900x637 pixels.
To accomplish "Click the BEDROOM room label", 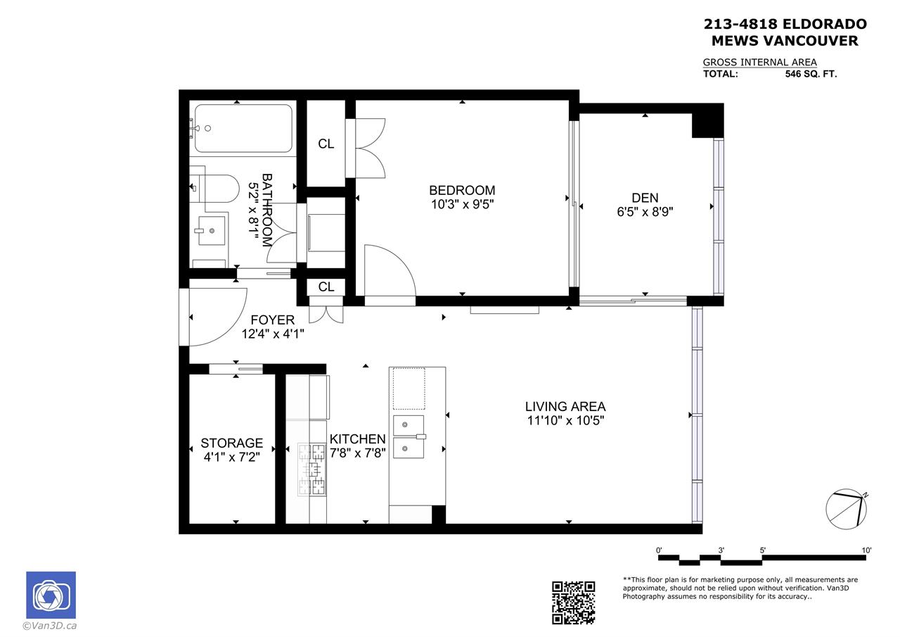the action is [462, 190].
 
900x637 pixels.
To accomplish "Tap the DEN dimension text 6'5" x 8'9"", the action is [645, 212].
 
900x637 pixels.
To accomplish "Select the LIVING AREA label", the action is [565, 407].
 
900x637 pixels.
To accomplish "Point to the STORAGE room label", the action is [232, 443].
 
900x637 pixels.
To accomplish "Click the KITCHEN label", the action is [358, 439].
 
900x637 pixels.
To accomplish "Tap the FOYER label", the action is [272, 320].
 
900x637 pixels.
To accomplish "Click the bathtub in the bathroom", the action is [243, 128].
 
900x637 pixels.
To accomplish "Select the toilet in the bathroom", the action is [214, 188].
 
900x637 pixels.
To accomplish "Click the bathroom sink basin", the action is [212, 230].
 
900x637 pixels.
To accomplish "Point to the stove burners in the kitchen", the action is [311, 469].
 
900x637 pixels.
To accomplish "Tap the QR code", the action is [573, 603].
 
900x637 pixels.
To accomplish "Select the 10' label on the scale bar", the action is [867, 550].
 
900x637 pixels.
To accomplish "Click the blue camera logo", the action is [51, 595].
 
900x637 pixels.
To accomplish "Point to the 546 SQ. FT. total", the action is [811, 74].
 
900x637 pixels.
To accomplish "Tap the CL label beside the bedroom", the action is [326, 144].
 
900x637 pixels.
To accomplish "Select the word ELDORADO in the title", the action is [824, 24].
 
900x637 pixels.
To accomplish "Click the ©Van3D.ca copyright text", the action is [49, 626].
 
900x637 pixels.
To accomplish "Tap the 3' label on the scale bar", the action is [721, 550].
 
